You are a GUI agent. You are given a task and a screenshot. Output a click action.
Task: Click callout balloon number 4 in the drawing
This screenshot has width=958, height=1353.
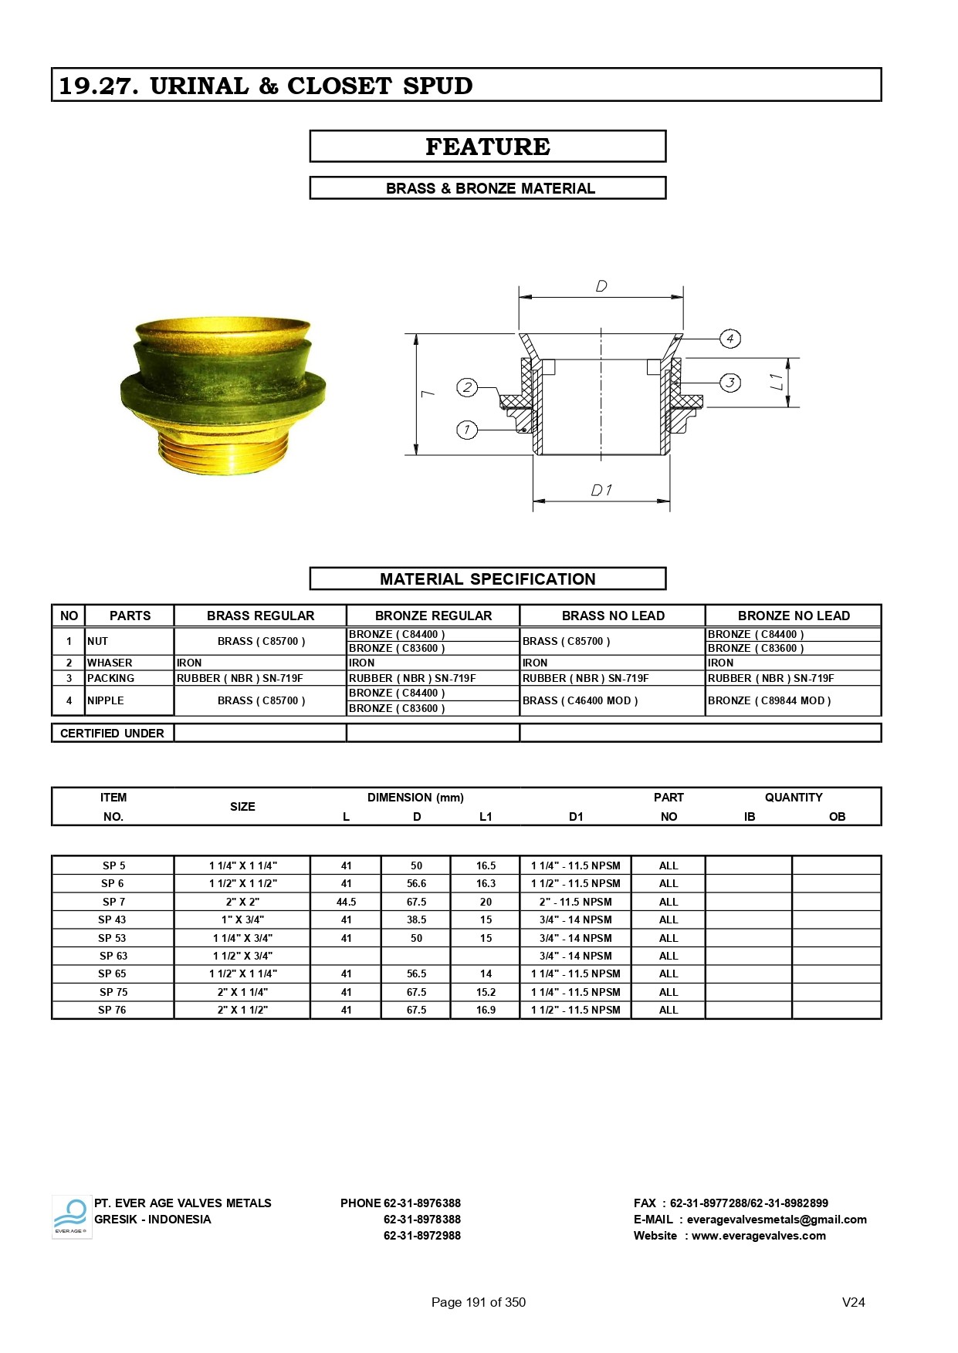pyautogui.click(x=730, y=338)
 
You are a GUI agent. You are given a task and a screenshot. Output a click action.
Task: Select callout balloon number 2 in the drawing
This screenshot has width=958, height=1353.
pyautogui.click(x=467, y=387)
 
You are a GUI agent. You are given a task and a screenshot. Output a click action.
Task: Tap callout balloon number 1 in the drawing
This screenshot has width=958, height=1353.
pyautogui.click(x=466, y=430)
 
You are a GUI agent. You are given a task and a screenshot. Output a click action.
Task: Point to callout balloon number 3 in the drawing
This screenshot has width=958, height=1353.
pyautogui.click(x=730, y=382)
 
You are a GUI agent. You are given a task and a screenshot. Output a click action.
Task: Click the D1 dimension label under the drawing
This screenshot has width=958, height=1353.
pyautogui.click(x=601, y=491)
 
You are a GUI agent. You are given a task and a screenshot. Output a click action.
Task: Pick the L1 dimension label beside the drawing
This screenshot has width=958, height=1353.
pyautogui.click(x=777, y=381)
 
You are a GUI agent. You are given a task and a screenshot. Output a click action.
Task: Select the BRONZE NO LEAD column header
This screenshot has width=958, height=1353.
pyautogui.click(x=793, y=616)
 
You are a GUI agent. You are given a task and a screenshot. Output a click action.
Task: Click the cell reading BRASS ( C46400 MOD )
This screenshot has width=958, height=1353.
pyautogui.click(x=580, y=700)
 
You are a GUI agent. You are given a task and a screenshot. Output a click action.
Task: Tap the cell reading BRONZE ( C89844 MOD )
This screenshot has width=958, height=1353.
pyautogui.click(x=769, y=700)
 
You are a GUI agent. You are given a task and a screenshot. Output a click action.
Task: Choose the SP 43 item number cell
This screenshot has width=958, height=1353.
pyautogui.click(x=112, y=919)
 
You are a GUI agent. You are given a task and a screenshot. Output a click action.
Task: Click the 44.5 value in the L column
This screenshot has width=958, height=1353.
pyautogui.click(x=346, y=902)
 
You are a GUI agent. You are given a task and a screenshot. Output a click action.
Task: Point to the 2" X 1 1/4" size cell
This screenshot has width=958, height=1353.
pyautogui.click(x=242, y=992)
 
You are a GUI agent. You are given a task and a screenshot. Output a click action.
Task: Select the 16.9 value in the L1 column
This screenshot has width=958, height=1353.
pyautogui.click(x=486, y=1010)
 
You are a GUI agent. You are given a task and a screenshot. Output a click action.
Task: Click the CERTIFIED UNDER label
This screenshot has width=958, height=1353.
pyautogui.click(x=112, y=733)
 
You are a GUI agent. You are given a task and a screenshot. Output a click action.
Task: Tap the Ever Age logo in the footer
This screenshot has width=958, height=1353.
pyautogui.click(x=71, y=1217)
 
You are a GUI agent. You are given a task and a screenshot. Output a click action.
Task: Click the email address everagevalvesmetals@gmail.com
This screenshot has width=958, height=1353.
pyautogui.click(x=776, y=1220)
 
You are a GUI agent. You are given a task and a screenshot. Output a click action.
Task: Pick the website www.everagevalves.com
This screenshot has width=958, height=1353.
pyautogui.click(x=758, y=1236)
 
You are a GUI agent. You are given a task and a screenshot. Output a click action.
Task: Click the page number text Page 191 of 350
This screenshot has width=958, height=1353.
pyautogui.click(x=478, y=1302)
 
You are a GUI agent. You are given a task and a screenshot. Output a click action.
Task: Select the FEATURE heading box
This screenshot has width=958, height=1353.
pyautogui.click(x=487, y=147)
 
